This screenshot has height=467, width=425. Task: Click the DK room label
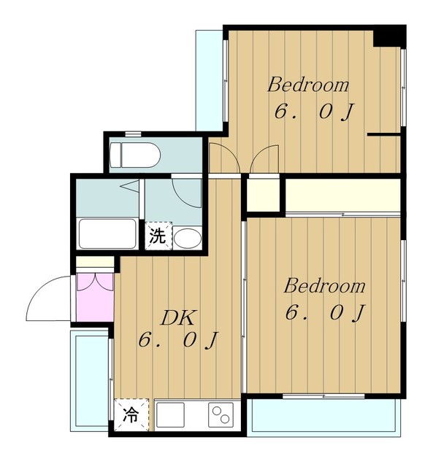click(178, 318)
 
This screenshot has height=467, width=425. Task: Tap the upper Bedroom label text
click(308, 85)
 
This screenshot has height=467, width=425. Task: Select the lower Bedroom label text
click(324, 286)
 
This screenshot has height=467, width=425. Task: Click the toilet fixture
click(135, 155)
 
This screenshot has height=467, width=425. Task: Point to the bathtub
click(107, 233)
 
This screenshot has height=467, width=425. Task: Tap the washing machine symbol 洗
click(158, 236)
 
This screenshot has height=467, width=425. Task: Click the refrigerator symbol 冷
click(131, 415)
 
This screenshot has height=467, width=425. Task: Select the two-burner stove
click(221, 415)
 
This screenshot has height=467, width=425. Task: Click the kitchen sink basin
click(170, 415)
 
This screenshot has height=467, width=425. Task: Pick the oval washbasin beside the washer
click(188, 238)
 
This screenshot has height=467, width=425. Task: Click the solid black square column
click(389, 36)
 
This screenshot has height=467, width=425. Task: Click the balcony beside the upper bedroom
click(210, 80)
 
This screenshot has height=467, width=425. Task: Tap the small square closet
click(264, 195)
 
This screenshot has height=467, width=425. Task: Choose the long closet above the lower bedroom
click(342, 195)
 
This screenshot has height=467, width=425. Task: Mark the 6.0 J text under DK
click(178, 339)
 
